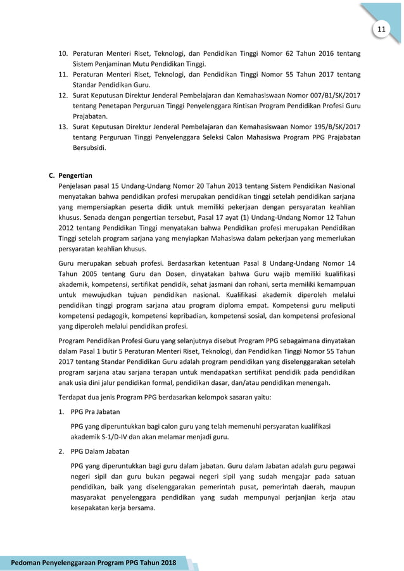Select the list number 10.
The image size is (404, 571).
click(x=63, y=54)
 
